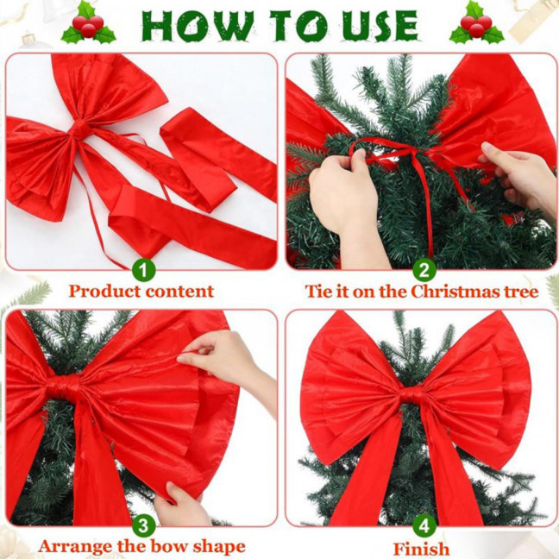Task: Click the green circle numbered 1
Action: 144,269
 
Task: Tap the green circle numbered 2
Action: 423,269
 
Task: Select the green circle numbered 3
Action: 144,524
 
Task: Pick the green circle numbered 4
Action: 423,524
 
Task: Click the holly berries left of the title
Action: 88,23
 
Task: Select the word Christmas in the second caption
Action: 457,292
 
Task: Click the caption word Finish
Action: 422,550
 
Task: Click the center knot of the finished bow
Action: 411,396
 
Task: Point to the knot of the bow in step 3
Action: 65,387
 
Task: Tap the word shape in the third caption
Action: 217,547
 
